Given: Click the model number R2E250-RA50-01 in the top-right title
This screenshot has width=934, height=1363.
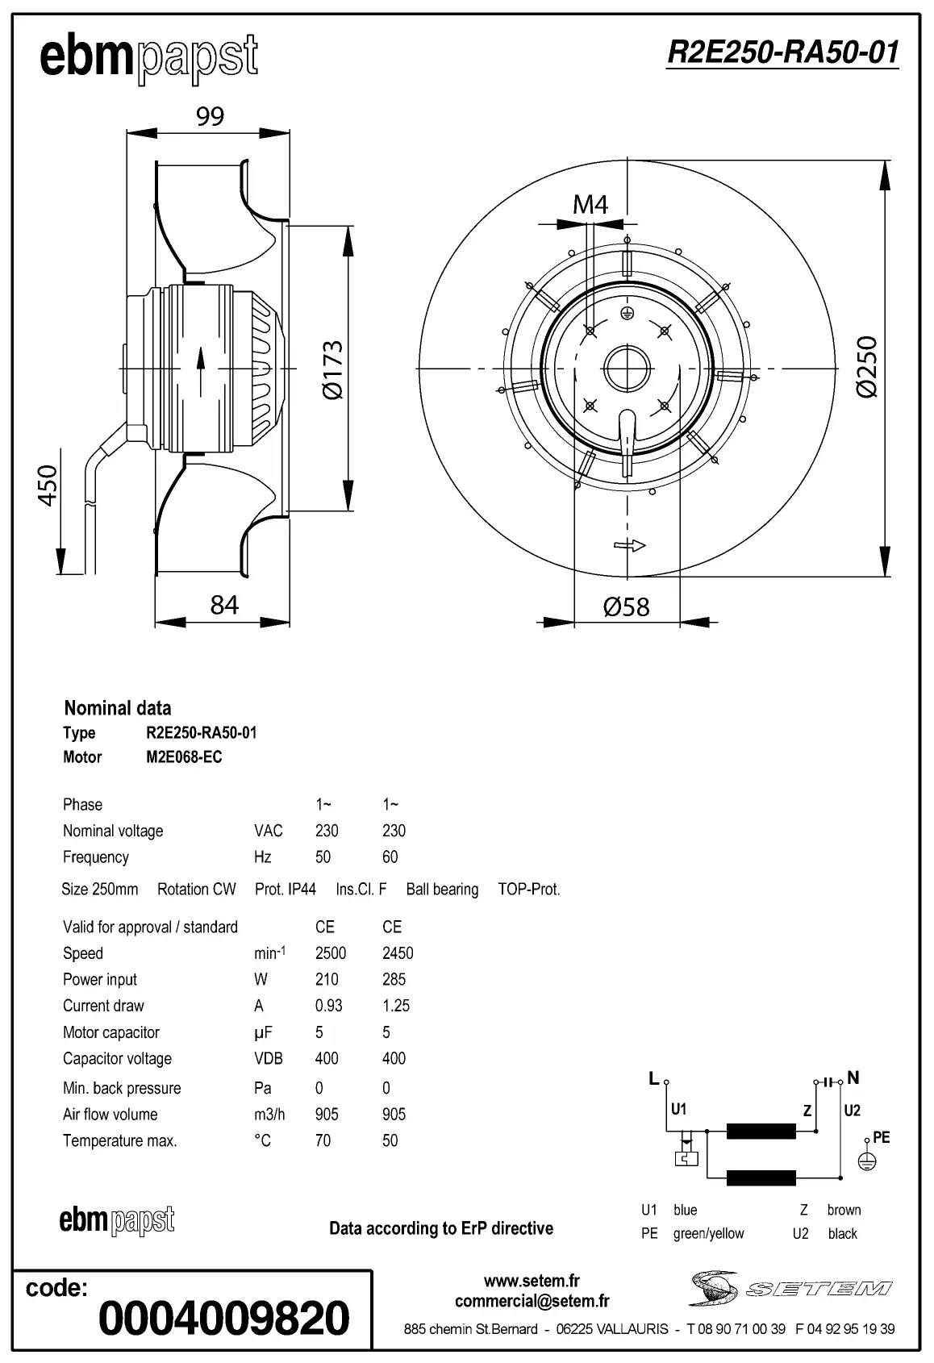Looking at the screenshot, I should [x=782, y=52].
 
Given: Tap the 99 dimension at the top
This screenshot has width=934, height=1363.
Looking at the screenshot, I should [x=210, y=117].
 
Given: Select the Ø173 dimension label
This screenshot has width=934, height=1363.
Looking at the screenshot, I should [x=332, y=369].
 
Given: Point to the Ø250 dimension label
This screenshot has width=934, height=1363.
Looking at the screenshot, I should [x=867, y=367].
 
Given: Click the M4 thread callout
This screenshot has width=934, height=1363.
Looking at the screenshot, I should [x=590, y=205].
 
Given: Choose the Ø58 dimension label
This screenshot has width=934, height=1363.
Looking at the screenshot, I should [x=626, y=606].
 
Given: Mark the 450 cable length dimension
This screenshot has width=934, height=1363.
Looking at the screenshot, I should [x=48, y=485].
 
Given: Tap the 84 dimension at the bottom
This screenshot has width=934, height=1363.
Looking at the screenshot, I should [x=224, y=605].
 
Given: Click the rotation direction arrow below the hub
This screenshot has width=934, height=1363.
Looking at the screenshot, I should [x=630, y=546].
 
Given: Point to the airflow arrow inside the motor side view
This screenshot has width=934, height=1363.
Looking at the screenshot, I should [x=199, y=369].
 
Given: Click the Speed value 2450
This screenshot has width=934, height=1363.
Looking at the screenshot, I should [x=398, y=953].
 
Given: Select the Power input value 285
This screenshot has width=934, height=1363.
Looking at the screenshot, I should [x=394, y=979].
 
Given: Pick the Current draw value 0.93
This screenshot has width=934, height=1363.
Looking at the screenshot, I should [x=328, y=1006].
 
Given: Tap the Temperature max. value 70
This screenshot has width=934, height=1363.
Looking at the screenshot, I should [x=323, y=1140].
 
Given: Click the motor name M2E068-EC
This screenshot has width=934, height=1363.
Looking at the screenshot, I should [x=184, y=757].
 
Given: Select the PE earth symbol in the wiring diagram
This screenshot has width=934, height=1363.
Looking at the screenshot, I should [x=866, y=1161].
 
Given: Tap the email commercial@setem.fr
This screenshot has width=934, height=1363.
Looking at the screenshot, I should [x=532, y=1301].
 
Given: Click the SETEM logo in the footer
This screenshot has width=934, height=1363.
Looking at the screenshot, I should [x=790, y=1288].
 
